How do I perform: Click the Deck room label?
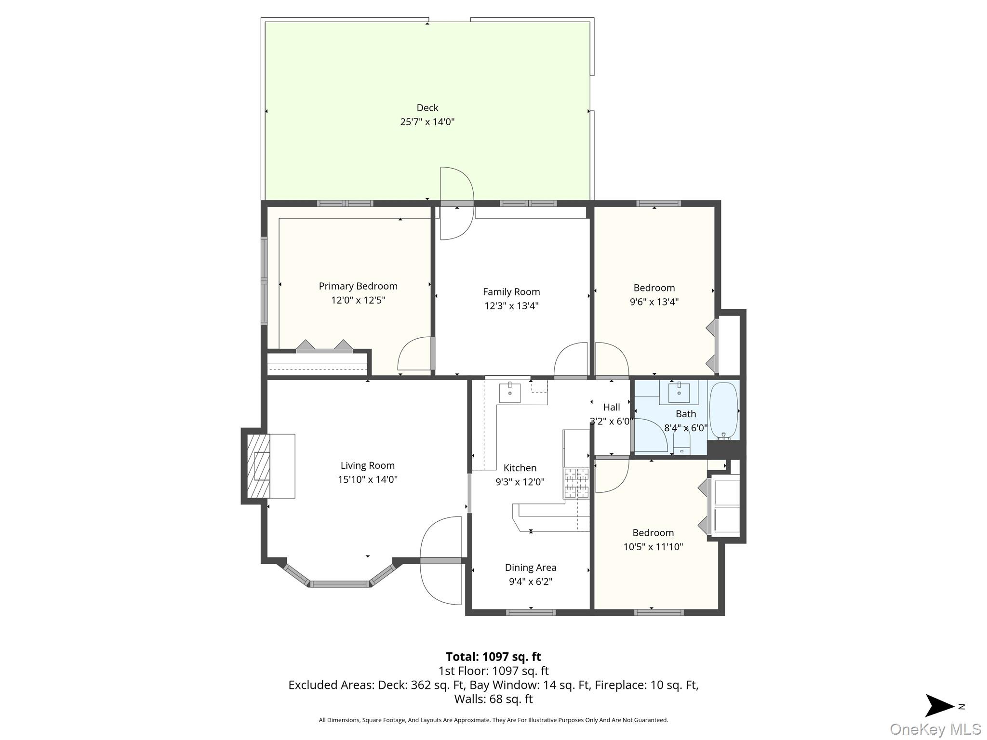point(427,108)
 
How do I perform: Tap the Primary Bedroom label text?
point(358,286)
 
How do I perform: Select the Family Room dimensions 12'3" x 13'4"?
point(511,305)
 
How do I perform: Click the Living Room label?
point(368,465)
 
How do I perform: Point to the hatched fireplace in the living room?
point(258,466)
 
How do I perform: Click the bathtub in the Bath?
point(723,410)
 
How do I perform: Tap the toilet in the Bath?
point(681,444)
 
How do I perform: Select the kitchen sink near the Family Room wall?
point(509,392)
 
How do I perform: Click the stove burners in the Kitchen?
point(576,483)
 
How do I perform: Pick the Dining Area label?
point(531,568)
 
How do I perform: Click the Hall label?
point(612,407)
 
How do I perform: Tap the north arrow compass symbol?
point(940,706)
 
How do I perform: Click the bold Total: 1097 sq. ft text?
point(493,657)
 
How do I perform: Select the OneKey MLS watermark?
point(935,729)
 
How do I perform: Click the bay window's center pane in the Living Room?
point(339,584)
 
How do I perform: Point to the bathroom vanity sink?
point(679,392)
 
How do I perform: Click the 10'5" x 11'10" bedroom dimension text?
point(653,547)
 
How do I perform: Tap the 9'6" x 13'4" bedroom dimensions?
point(654,302)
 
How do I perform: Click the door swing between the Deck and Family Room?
point(457,203)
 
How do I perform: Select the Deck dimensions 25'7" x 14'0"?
point(427,122)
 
